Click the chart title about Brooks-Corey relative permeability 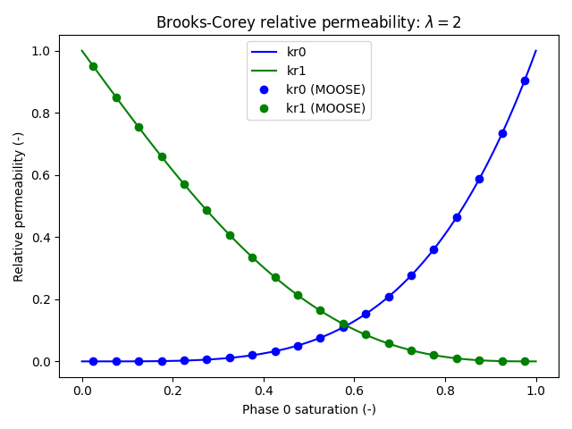(308, 22)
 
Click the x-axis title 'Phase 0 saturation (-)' (308, 409)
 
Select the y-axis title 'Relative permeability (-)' (19, 206)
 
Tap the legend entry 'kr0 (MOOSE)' (325, 89)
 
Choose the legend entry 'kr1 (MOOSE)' (325, 108)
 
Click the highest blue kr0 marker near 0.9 (525, 80)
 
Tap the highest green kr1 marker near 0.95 (93, 66)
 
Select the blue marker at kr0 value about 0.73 (502, 133)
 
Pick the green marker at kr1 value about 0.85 (116, 97)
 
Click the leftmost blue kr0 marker (93, 361)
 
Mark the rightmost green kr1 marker (525, 361)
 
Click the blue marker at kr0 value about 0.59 (479, 179)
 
